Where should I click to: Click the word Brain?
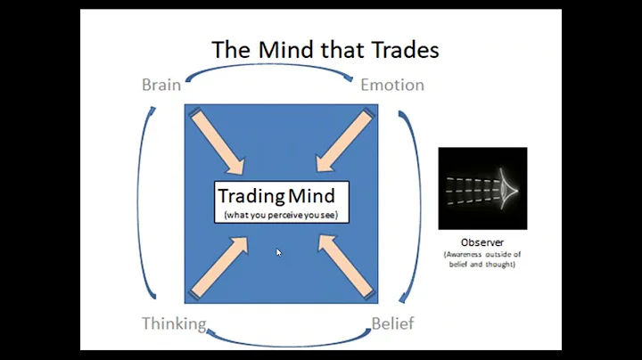click(161, 86)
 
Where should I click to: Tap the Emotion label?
click(391, 86)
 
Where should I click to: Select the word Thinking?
click(174, 323)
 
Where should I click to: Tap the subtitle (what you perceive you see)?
click(281, 215)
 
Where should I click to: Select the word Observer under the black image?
click(482, 241)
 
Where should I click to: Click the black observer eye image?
click(482, 188)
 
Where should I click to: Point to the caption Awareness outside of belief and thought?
click(482, 258)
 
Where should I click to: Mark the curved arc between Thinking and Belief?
click(287, 339)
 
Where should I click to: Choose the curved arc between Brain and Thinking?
click(143, 205)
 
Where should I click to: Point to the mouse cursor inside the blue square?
click(279, 253)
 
